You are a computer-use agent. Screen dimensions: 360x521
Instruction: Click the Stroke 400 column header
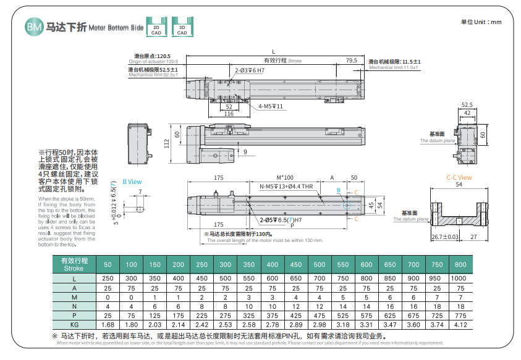pos(273,265)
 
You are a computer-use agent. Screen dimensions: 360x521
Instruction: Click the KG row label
pos(74,324)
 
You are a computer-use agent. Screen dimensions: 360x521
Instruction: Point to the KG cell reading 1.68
pos(108,324)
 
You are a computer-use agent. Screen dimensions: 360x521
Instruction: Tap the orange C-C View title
pos(459,178)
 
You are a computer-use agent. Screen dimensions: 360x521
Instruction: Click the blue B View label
pos(132,182)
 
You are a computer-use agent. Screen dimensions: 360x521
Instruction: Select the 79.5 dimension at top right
pos(351,61)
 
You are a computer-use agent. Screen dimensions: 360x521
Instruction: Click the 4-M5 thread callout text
pos(271,106)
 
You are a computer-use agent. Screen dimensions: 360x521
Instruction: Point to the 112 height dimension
pos(166,143)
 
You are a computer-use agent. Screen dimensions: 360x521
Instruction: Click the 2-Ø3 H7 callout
pos(249,71)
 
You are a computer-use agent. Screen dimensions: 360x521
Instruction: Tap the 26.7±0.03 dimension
pos(444,237)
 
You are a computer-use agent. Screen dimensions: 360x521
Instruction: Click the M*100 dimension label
pos(284,177)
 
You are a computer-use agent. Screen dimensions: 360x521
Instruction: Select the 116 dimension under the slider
pos(229,114)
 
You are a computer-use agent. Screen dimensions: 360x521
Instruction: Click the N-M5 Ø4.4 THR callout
pos(286,186)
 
